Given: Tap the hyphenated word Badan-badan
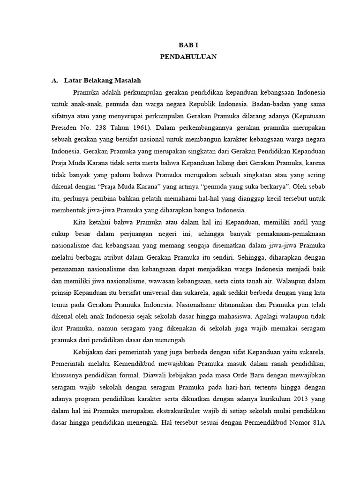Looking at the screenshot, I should click(x=269, y=103).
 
